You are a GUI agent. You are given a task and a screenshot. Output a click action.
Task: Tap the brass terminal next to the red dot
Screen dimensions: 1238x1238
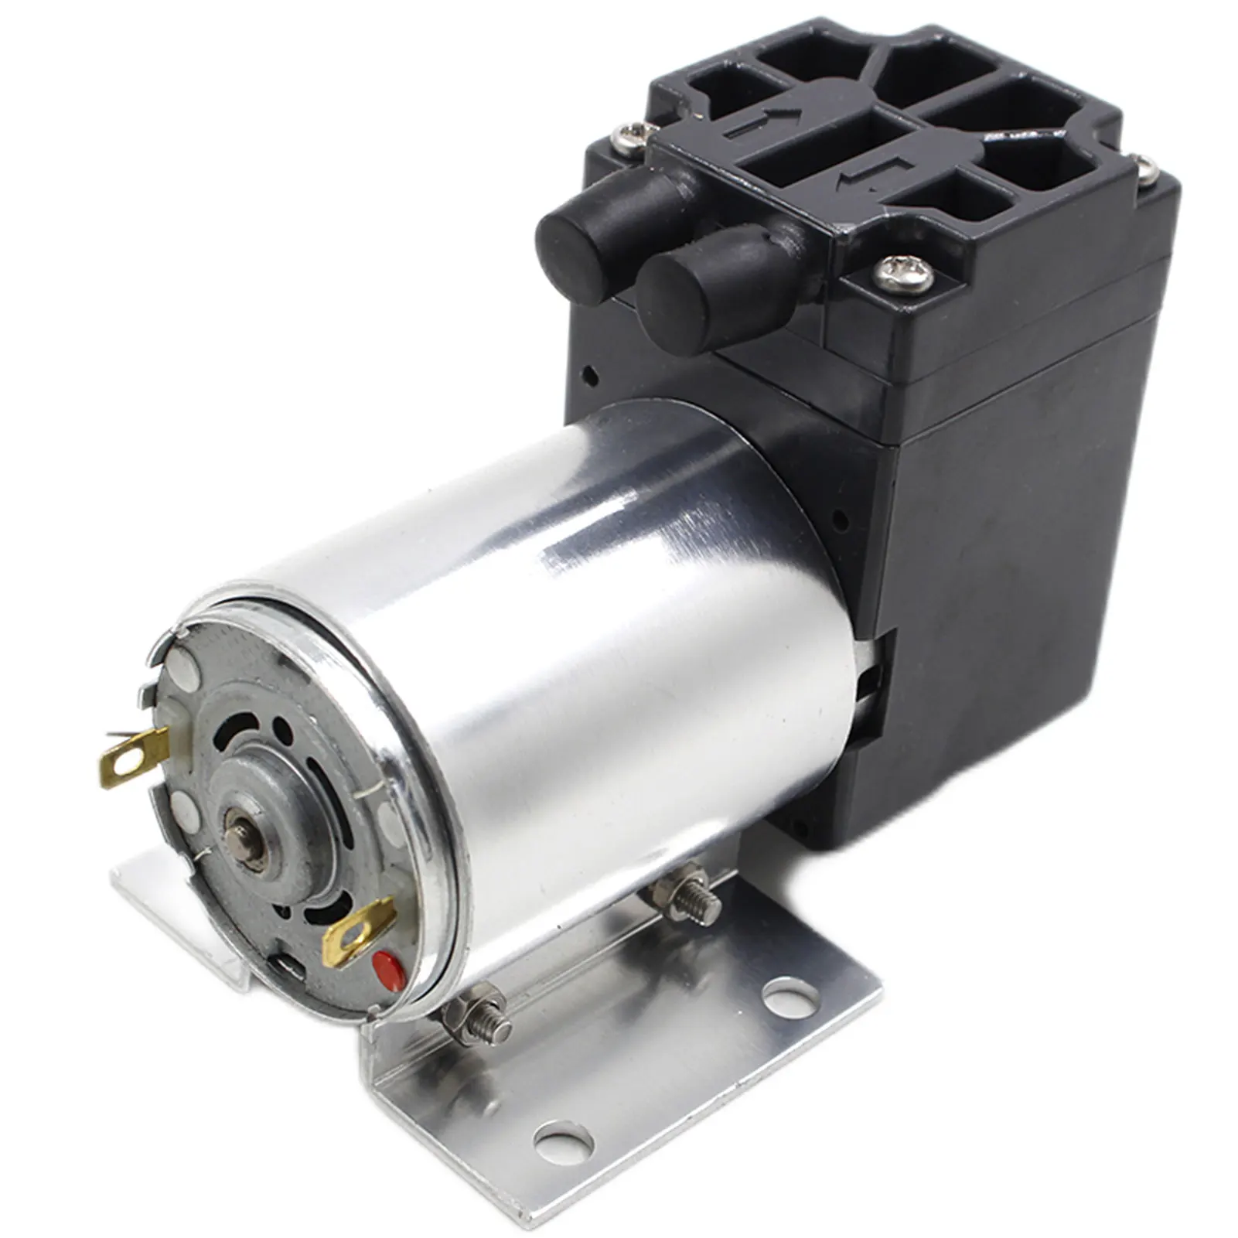point(357,933)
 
